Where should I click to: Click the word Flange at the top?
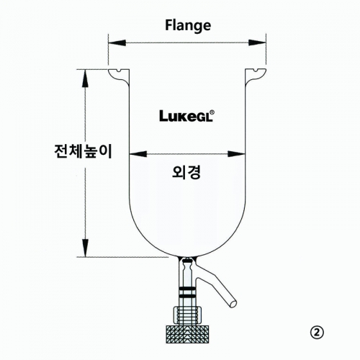[188, 26]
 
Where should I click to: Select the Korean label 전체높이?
[84, 151]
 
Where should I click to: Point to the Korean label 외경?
[186, 172]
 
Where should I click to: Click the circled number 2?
[317, 333]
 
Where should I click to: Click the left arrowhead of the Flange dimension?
[117, 43]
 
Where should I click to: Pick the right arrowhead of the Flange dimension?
[257, 43]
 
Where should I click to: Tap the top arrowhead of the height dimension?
[85, 78]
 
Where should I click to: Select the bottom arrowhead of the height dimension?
[85, 248]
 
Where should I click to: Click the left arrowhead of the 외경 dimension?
[138, 154]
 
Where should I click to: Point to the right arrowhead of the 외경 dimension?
[236, 154]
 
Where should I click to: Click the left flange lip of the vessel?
[118, 76]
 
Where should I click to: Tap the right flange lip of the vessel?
[256, 76]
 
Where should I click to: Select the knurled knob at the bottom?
[187, 334]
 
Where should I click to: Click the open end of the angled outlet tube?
[233, 304]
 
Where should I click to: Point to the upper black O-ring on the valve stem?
[187, 288]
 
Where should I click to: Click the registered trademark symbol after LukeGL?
[212, 112]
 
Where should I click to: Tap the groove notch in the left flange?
[120, 71]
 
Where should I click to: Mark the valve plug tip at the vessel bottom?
[187, 259]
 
